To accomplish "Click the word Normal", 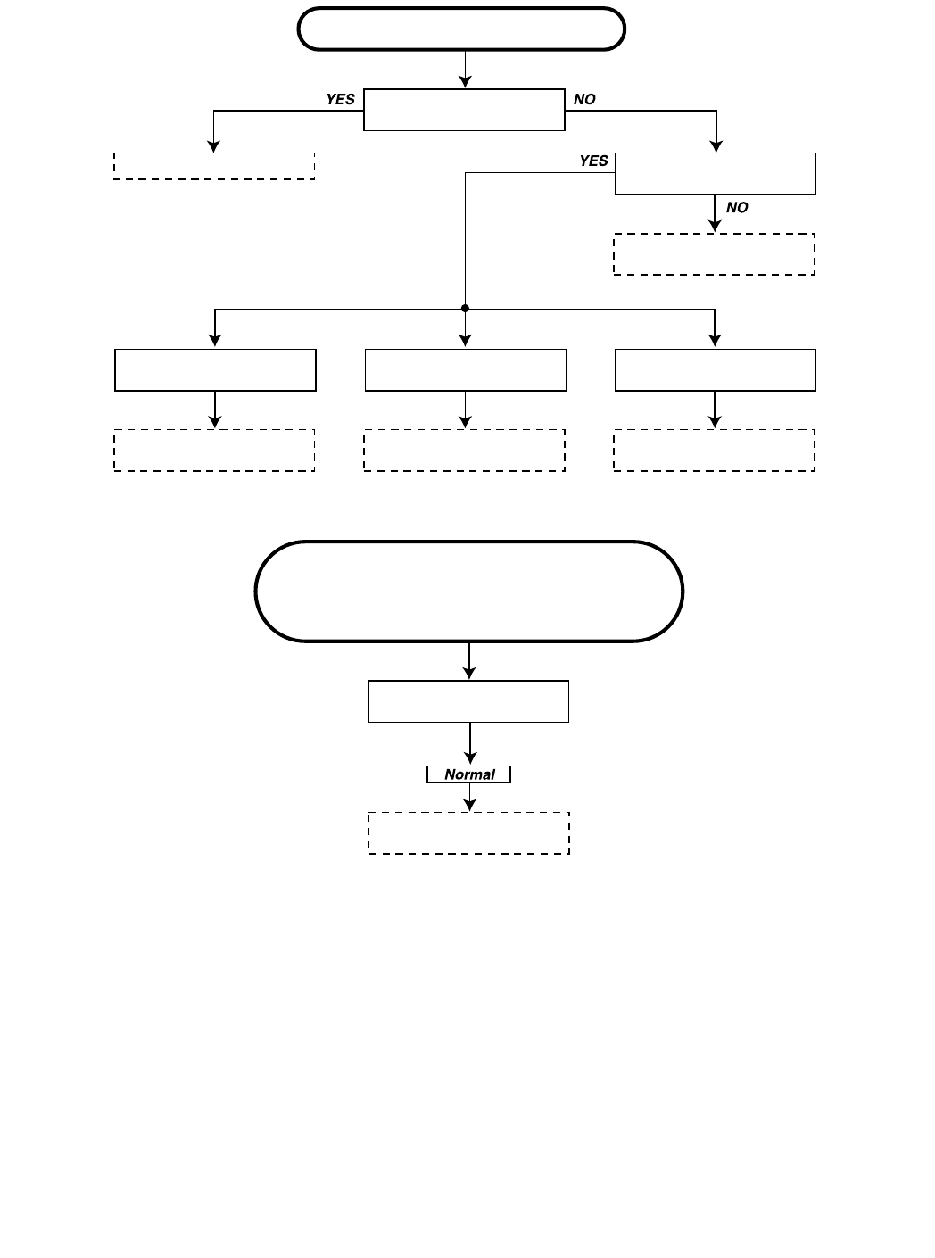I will tap(469, 774).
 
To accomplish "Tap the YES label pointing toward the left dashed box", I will tap(340, 99).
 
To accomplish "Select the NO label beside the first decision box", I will tap(584, 99).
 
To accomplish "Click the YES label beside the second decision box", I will tap(593, 161).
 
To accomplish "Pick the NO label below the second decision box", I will tap(737, 207).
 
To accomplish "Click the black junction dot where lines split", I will tap(465, 309).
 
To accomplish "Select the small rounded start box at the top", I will tap(460, 29).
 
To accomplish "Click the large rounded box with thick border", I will tap(468, 591).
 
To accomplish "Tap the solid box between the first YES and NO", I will tap(464, 110).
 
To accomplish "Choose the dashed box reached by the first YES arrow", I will tap(214, 166).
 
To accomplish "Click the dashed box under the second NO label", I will tap(714, 254).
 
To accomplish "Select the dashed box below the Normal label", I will tap(469, 833).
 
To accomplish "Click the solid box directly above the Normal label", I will tap(468, 701).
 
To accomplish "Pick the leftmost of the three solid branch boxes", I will tap(215, 370).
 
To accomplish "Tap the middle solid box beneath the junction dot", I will tap(465, 370).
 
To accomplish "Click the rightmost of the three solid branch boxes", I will tap(715, 370).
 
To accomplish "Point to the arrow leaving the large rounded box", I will tap(469, 661).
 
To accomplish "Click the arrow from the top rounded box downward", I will tap(465, 70).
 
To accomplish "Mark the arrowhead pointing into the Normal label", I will tap(469, 758).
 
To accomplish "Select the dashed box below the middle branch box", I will tap(464, 451).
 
